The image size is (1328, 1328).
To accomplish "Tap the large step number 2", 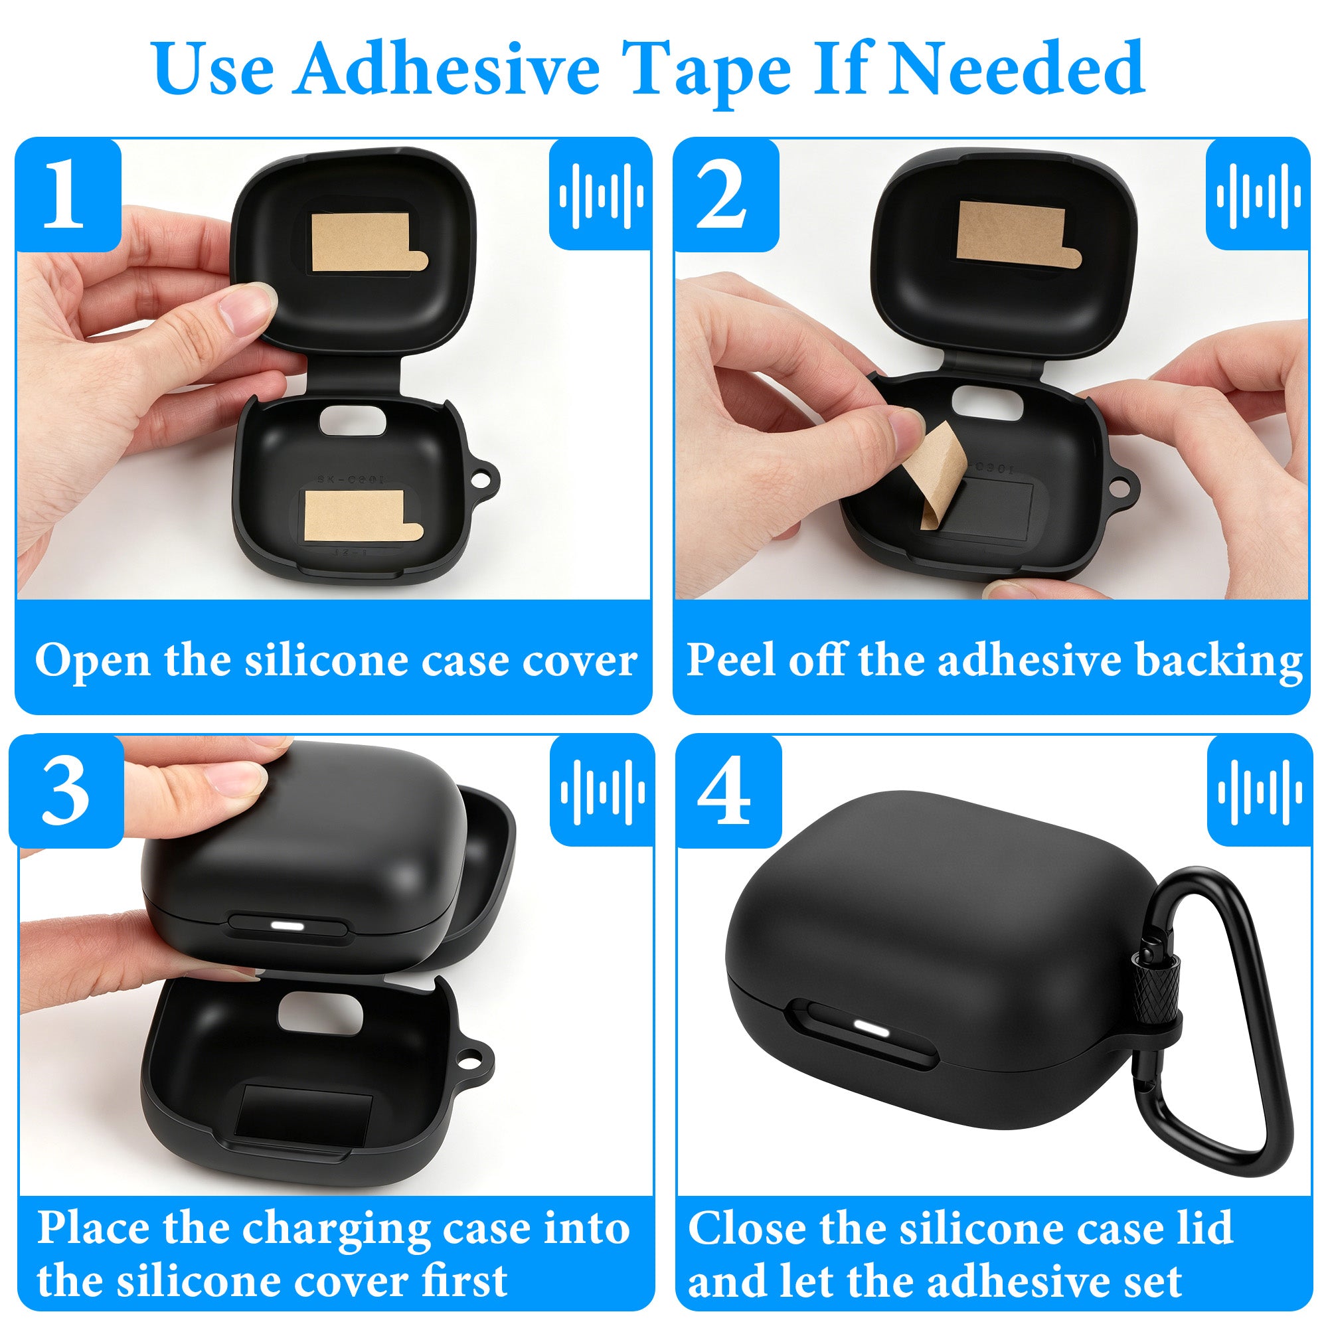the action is click(722, 195).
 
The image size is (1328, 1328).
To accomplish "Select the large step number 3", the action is click(65, 791).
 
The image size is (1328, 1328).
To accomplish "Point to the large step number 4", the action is click(724, 791).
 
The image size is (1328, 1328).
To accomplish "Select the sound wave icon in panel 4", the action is click(1259, 792).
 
